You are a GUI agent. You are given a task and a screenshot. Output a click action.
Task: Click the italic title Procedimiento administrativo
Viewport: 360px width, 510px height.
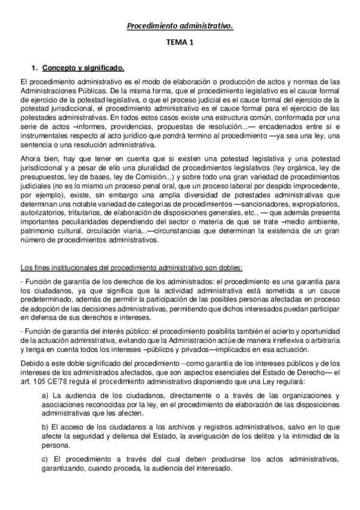click(x=180, y=26)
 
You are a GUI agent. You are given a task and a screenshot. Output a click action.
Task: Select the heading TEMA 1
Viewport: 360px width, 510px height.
click(x=180, y=44)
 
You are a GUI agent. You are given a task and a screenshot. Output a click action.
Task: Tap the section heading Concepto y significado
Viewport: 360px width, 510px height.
click(x=84, y=69)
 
